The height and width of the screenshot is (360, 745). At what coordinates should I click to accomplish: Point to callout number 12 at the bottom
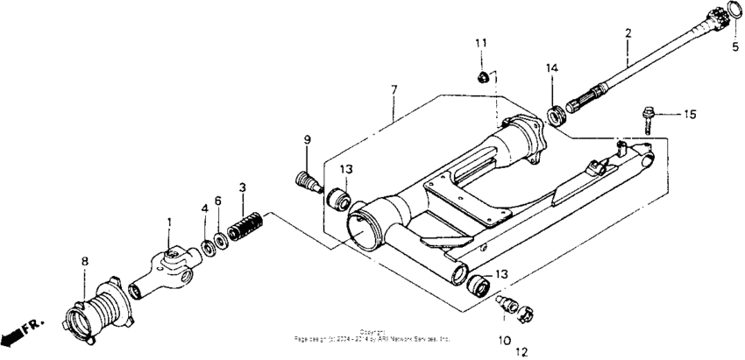point(521,352)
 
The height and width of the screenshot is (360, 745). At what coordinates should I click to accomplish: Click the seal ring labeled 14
point(553,115)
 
